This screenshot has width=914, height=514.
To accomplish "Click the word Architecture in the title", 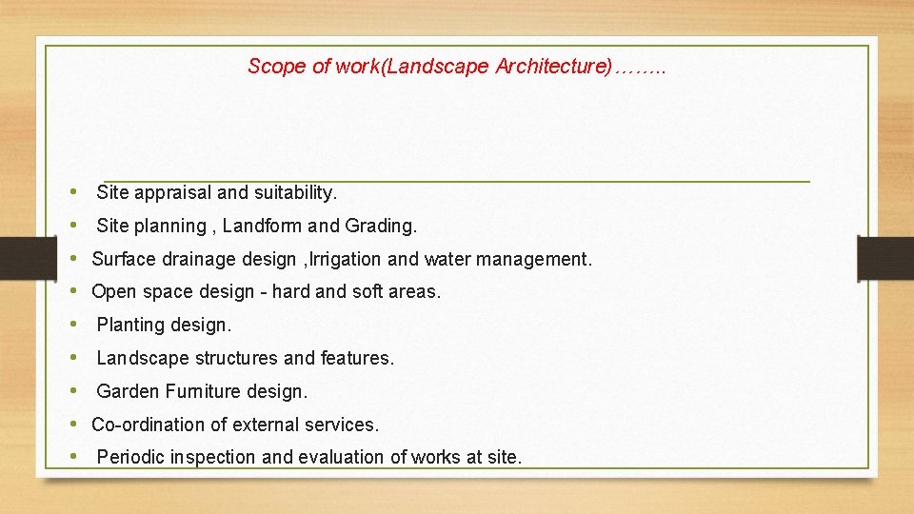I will click(x=553, y=67).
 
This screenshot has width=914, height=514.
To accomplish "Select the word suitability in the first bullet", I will click(x=294, y=193).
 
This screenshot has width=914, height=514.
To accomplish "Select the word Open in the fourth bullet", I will click(x=112, y=292).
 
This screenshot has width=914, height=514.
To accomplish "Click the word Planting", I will click(x=130, y=326).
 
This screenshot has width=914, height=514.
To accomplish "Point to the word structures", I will click(x=236, y=359).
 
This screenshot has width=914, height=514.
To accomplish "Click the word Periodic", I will click(x=130, y=458).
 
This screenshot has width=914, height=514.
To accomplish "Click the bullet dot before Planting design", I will click(x=74, y=325).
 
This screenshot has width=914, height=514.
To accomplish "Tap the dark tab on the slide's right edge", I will click(x=884, y=259).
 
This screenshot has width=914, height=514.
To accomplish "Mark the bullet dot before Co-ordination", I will click(x=74, y=424).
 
